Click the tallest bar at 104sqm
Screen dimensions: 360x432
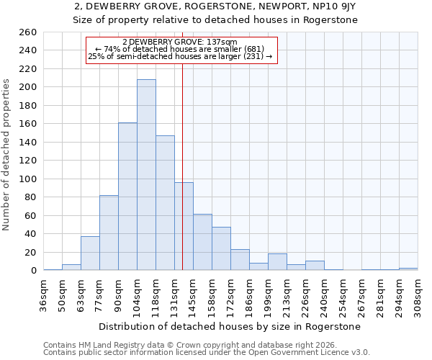click(146, 175)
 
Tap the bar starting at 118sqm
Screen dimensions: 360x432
click(165, 203)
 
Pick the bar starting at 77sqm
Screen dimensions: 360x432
click(109, 233)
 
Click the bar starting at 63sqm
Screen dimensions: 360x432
click(90, 253)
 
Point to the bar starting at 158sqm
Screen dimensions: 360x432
click(221, 248)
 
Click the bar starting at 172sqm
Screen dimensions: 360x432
click(240, 260)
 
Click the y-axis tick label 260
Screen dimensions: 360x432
click(27, 32)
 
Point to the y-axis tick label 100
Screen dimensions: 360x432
click(27, 179)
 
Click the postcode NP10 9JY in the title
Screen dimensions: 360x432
click(329, 6)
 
